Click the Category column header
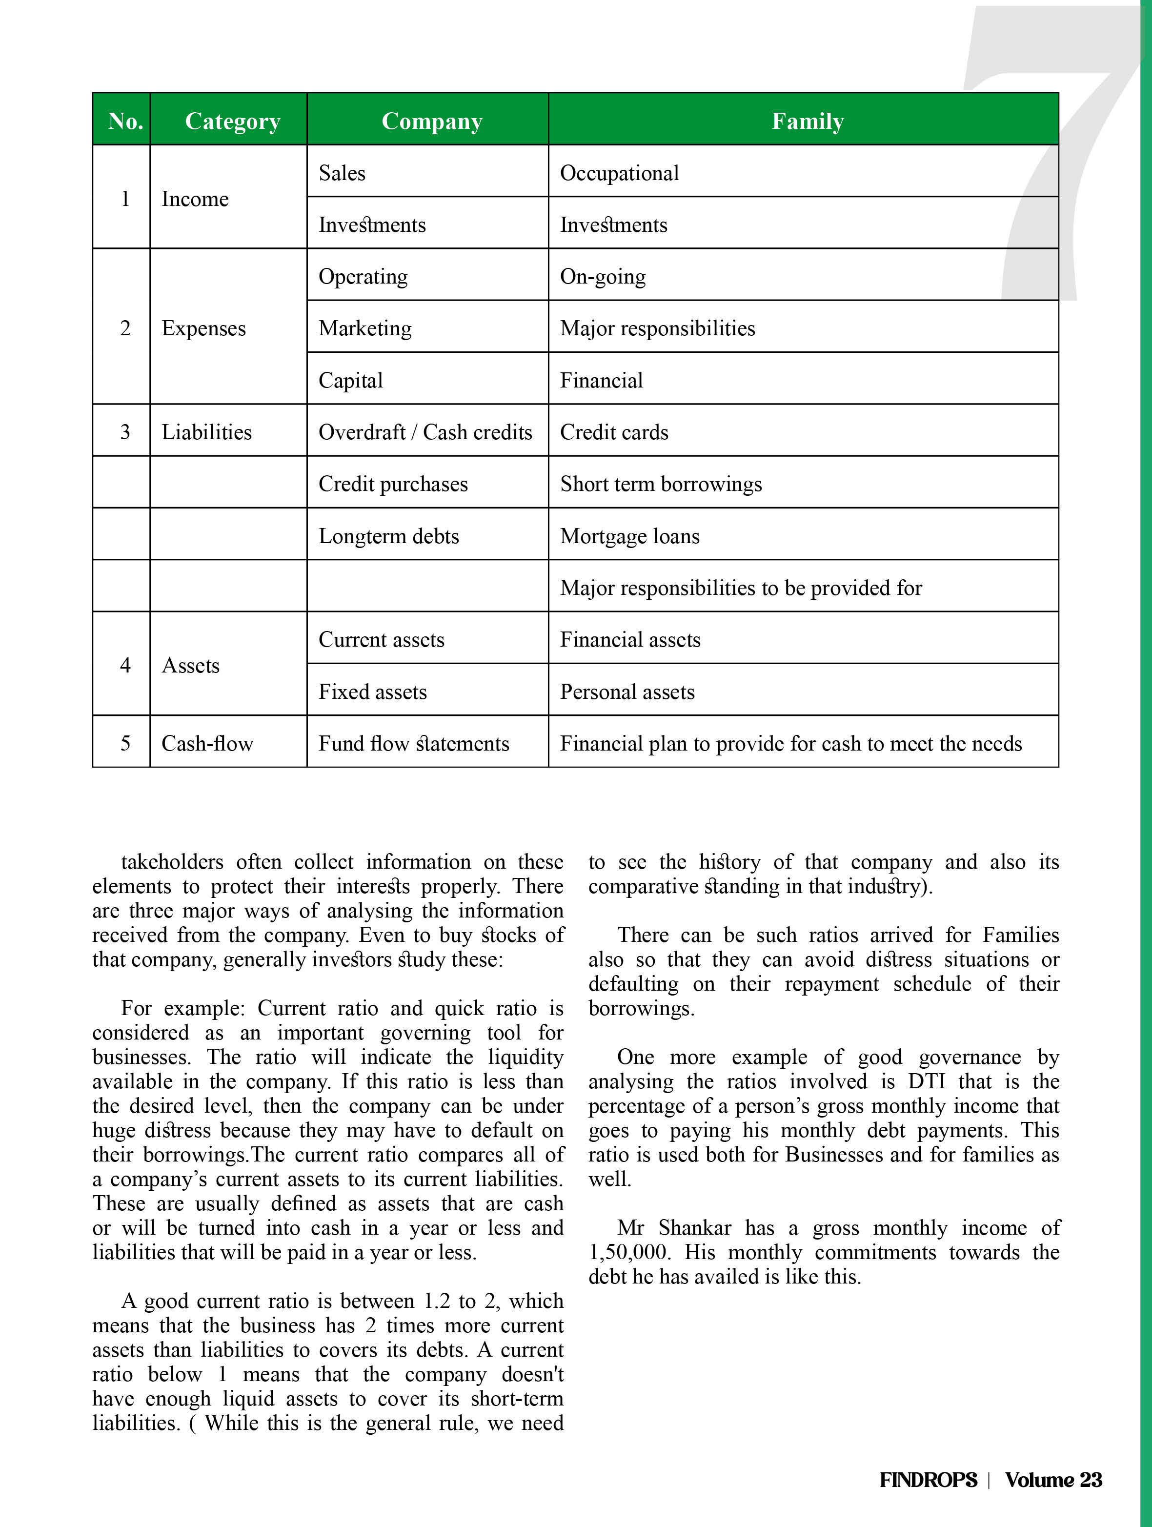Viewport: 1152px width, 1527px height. (x=233, y=121)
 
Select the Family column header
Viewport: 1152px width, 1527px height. (x=807, y=121)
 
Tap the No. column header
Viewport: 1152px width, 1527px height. (x=125, y=121)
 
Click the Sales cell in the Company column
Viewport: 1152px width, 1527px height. (x=343, y=173)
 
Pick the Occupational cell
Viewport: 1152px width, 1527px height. (x=619, y=173)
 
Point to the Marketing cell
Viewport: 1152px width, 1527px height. (x=365, y=328)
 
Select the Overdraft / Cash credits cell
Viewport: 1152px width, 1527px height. (x=425, y=432)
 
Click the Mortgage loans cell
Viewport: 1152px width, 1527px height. (x=629, y=536)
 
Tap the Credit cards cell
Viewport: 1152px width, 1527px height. (x=614, y=432)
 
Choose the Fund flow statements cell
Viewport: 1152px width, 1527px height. (x=413, y=743)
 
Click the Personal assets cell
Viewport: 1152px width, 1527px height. (x=627, y=692)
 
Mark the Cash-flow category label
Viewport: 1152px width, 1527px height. (x=207, y=743)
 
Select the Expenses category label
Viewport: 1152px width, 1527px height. (x=203, y=328)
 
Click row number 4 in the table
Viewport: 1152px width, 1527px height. (x=125, y=666)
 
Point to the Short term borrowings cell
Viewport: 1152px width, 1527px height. (x=661, y=484)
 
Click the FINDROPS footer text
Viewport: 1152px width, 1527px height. (x=929, y=1479)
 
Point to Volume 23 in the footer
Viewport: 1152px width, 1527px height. (x=1053, y=1479)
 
